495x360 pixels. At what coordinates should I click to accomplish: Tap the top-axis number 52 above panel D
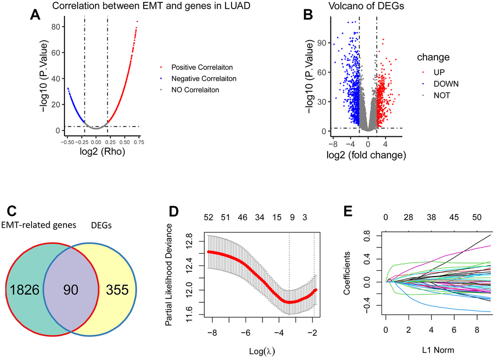coord(209,219)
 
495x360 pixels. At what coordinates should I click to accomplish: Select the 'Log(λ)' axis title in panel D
coord(263,349)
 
